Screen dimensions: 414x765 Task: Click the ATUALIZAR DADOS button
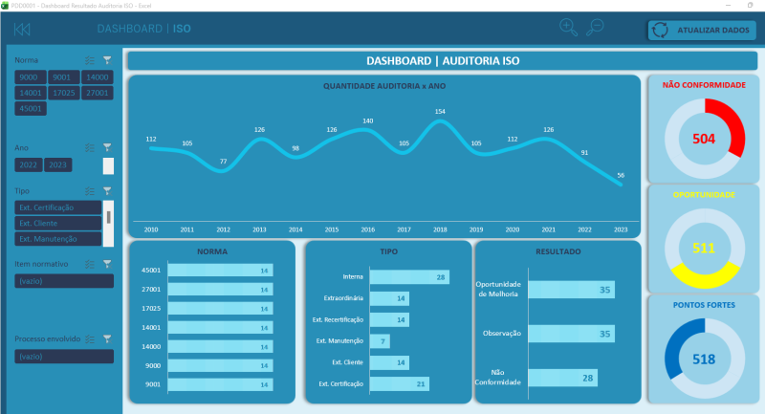click(x=702, y=30)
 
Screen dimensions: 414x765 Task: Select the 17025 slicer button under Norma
click(x=63, y=94)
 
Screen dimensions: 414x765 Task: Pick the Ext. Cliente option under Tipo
click(x=57, y=223)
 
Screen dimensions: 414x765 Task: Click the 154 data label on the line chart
click(x=440, y=112)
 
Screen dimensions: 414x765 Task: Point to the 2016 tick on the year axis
click(x=367, y=230)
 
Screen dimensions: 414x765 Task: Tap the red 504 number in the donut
click(x=704, y=139)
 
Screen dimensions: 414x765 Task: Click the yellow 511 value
click(x=704, y=249)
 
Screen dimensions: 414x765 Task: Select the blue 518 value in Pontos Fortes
click(x=704, y=359)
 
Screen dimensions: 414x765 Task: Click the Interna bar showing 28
click(x=409, y=277)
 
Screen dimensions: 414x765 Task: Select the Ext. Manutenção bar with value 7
click(x=380, y=341)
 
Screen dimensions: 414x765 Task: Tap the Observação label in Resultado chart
click(x=499, y=334)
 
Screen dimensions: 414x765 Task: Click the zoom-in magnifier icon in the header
click(x=568, y=27)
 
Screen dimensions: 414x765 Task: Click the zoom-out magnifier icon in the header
click(x=596, y=27)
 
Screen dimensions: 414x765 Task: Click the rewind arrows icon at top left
click(x=22, y=30)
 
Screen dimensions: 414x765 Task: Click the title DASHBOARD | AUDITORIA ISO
click(x=443, y=61)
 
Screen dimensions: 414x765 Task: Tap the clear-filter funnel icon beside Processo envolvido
click(x=107, y=338)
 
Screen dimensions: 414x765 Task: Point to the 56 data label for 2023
click(x=622, y=175)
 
